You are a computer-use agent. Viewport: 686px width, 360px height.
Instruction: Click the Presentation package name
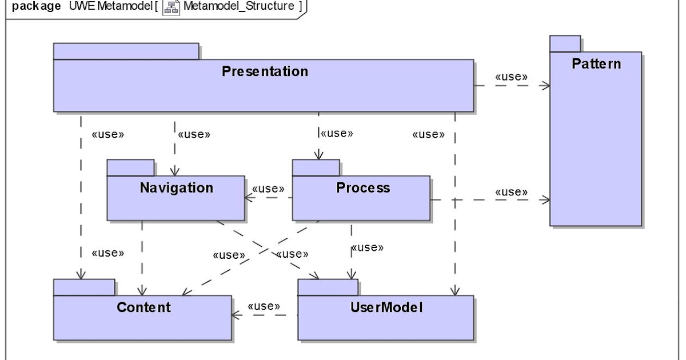click(265, 71)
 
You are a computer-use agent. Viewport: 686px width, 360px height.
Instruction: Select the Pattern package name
click(596, 63)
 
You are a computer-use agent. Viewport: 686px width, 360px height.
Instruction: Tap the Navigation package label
click(176, 187)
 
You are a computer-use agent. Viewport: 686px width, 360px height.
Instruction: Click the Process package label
click(363, 187)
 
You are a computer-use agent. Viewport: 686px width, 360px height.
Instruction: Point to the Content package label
click(143, 307)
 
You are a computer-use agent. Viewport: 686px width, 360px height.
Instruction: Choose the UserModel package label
click(386, 307)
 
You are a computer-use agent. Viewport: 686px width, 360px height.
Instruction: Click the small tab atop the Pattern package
click(565, 43)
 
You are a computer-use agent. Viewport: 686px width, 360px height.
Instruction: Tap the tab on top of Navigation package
click(130, 168)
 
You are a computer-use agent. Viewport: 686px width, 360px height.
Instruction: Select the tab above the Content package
click(84, 287)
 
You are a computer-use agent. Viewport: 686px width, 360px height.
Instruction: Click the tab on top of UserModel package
click(328, 287)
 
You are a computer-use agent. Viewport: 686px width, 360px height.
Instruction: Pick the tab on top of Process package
click(316, 168)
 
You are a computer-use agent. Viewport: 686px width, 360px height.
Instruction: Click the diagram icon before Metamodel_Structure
click(171, 7)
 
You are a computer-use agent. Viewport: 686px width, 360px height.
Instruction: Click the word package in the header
click(37, 6)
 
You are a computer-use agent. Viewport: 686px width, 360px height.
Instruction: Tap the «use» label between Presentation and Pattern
click(511, 77)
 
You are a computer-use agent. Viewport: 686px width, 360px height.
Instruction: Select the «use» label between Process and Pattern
click(511, 191)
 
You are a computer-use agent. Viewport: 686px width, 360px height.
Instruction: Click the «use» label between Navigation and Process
click(268, 189)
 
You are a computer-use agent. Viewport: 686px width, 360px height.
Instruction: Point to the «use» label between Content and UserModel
click(264, 306)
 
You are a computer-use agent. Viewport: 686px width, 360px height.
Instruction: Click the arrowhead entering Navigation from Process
click(248, 199)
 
